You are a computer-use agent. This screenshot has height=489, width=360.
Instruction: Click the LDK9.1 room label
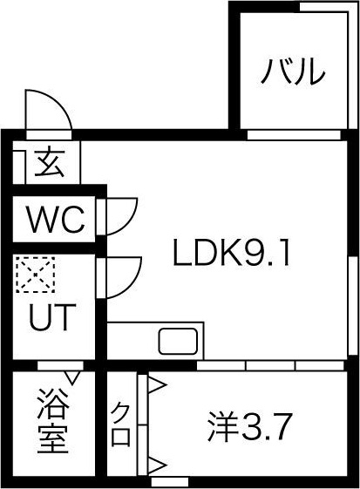232,253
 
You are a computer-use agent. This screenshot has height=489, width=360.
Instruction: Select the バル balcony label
293,71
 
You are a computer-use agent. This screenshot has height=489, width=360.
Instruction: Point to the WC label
57,219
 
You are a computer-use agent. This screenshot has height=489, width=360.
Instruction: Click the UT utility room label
52,317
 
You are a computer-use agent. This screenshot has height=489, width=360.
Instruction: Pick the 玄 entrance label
50,162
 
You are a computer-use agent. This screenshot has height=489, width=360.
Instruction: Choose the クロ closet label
121,424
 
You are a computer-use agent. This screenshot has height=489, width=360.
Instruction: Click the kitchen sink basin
178,341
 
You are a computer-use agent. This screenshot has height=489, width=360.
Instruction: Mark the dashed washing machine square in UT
36,275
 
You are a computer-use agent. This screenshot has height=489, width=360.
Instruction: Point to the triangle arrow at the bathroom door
73,377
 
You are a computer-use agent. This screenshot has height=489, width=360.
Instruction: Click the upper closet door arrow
156,385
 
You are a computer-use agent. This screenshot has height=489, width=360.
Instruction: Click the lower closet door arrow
156,466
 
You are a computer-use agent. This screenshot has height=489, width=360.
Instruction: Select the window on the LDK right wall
353,306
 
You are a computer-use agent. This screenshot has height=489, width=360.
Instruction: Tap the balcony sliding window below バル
294,135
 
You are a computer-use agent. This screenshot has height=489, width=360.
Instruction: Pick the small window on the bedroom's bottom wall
169,481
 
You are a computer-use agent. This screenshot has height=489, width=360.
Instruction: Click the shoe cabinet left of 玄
19,167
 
